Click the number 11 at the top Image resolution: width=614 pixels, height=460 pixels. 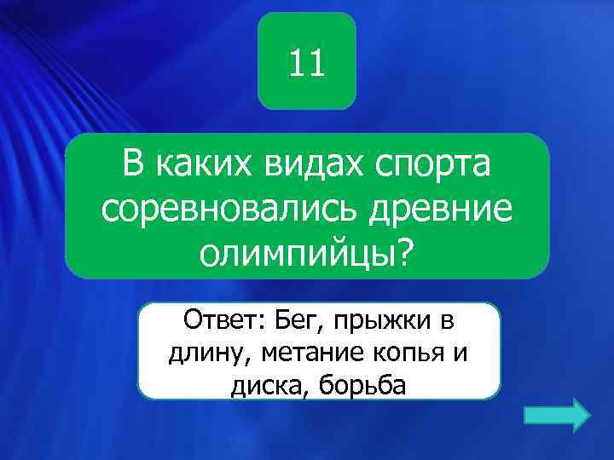point(307,63)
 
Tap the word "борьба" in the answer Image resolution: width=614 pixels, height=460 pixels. point(362,385)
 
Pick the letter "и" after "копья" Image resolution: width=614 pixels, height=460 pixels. point(460,354)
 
